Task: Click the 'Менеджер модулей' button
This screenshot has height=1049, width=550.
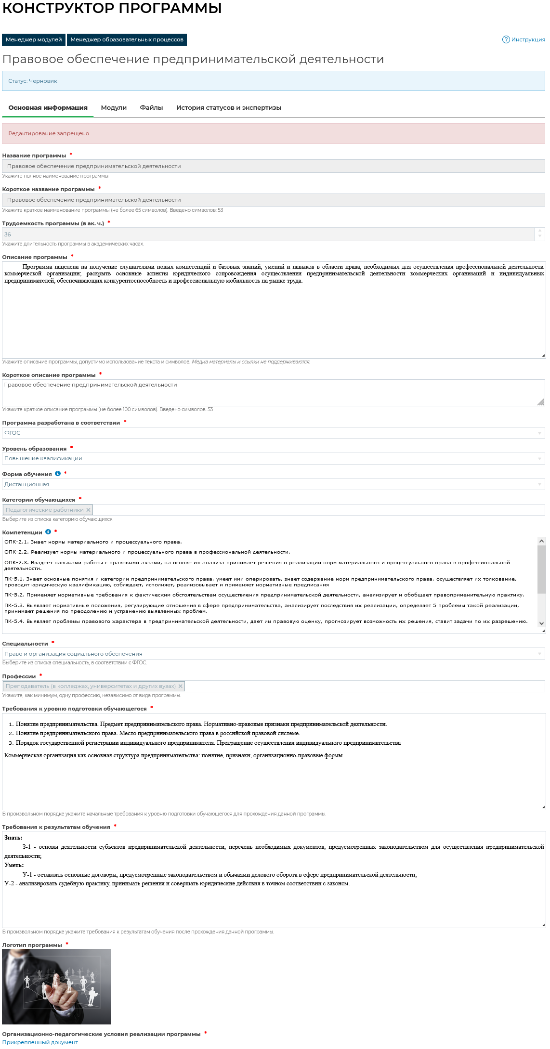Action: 34,39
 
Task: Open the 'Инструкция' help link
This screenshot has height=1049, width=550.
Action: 524,39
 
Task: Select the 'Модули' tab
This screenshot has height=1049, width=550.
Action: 114,108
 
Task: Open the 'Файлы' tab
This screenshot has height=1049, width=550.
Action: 151,108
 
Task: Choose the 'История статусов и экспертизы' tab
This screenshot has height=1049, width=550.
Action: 228,108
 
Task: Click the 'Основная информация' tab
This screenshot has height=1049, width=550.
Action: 48,108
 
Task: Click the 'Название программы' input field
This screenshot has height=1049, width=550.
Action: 273,166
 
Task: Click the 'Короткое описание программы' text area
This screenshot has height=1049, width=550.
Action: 273,392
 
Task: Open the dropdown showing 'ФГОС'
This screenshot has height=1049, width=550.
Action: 273,433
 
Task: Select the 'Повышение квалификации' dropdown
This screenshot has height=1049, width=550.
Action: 273,458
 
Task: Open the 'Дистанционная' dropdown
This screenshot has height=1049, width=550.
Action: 273,484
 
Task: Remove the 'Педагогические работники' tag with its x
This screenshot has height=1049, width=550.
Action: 88,510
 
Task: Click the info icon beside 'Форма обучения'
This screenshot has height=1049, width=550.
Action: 58,474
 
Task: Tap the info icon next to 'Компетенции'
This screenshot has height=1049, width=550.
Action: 48,532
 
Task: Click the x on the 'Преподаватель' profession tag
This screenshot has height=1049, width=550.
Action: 181,686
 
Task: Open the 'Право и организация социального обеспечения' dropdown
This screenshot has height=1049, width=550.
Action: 273,654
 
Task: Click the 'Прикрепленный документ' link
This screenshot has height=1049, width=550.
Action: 40,1042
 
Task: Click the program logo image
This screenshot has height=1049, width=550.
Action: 56,986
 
